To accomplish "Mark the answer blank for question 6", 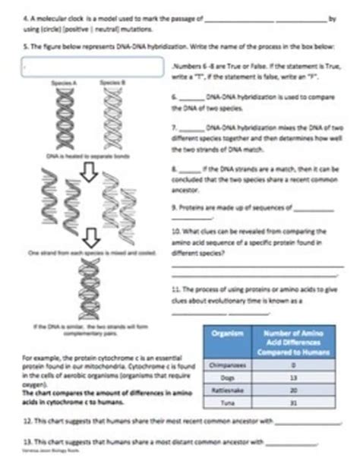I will [x=191, y=98].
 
